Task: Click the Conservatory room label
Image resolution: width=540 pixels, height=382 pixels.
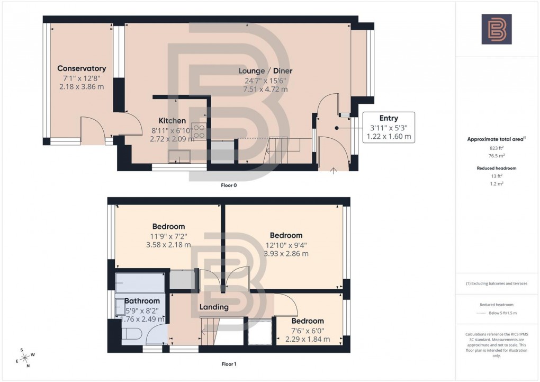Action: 82,68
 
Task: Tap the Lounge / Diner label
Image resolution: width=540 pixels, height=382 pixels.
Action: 265,71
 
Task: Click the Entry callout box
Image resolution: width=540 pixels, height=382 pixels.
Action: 389,127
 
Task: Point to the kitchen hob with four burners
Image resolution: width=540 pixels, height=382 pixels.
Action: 199,131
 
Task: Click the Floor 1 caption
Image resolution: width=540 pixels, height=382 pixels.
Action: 229,365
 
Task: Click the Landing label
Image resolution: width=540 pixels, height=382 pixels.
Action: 214,307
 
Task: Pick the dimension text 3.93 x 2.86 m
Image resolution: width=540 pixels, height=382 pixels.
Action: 286,254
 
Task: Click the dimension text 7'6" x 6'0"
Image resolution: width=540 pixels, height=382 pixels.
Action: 307,331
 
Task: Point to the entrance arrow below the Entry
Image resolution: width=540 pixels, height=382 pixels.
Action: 333,171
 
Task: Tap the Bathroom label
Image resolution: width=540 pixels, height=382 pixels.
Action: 142,301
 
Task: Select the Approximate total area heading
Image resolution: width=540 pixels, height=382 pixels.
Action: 496,139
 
